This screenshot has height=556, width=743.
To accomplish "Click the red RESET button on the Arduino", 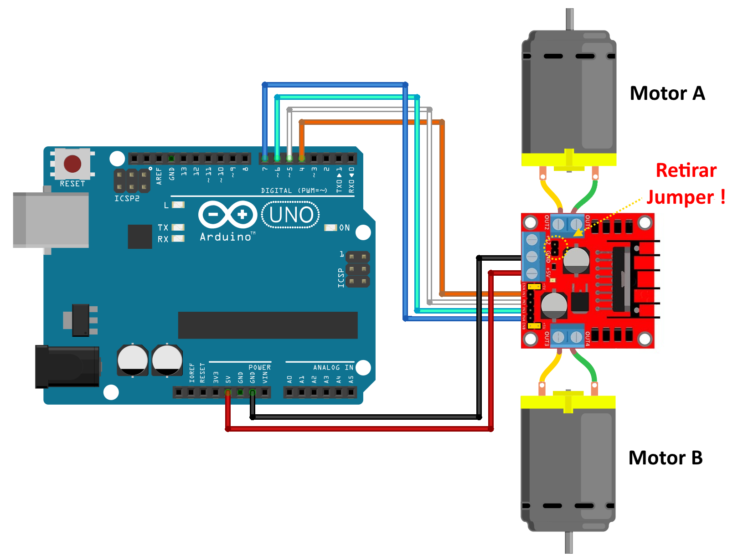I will click(72, 164).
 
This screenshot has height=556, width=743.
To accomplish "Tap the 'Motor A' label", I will click(667, 93).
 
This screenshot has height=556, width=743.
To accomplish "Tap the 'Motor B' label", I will click(665, 458).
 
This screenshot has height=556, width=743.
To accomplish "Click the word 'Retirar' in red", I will click(686, 170).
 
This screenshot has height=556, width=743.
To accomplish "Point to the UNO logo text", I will click(291, 215).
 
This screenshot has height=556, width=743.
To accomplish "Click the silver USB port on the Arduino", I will click(51, 220).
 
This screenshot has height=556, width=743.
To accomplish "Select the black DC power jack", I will click(67, 366).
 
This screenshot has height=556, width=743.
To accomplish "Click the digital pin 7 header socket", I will click(265, 159).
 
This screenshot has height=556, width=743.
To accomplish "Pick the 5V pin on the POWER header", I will click(228, 392).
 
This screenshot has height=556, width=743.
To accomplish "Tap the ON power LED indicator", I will click(330, 227).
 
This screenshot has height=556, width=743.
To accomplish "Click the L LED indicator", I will click(178, 205).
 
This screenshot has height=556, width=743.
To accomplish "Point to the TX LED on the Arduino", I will click(178, 227).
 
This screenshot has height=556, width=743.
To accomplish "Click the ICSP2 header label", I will click(127, 199).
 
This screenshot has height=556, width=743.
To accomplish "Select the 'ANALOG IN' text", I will click(333, 367).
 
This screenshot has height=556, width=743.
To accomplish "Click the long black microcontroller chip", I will click(268, 325).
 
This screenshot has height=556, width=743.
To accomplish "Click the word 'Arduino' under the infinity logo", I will click(226, 237).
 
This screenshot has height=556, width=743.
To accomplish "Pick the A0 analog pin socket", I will click(290, 392).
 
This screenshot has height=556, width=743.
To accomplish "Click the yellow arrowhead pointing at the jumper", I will click(578, 233).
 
